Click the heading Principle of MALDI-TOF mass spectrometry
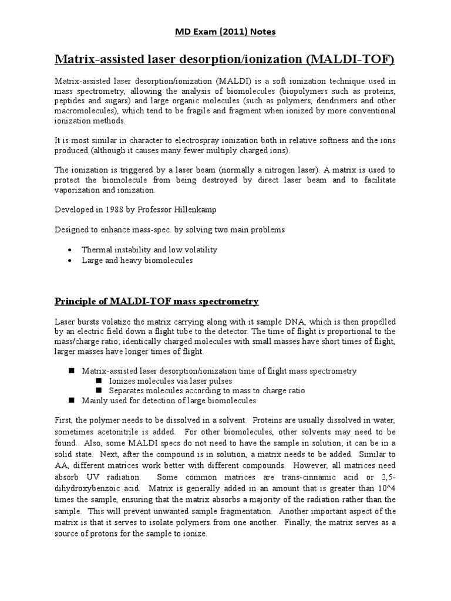(x=156, y=301)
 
